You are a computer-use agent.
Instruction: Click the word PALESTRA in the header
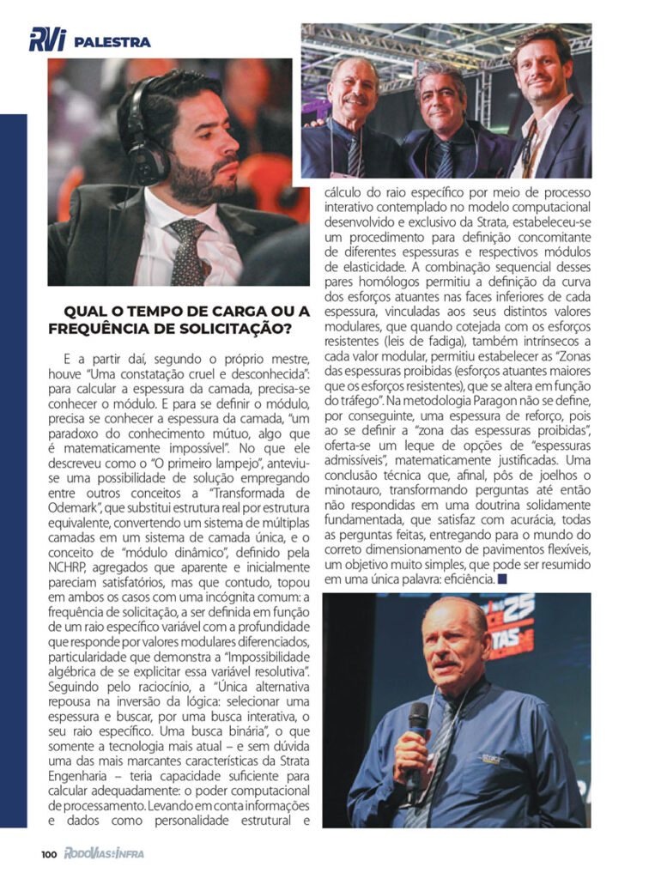point(112,41)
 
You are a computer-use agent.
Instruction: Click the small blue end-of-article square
point(502,579)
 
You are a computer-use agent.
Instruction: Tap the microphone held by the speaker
point(416,721)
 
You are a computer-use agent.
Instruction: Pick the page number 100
point(49,854)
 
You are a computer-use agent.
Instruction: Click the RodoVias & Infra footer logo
point(104,854)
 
